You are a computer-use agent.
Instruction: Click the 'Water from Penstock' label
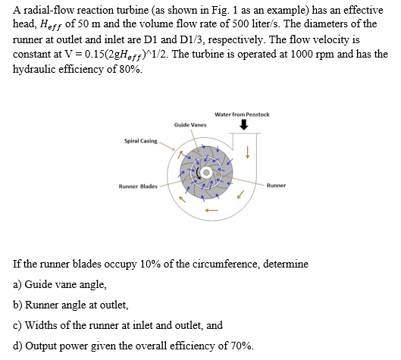[243, 114]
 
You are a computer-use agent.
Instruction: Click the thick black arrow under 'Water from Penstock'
[243, 127]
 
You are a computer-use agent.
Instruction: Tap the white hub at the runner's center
[203, 174]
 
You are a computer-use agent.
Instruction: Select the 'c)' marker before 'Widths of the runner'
[18, 325]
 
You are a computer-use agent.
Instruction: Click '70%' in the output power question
[229, 346]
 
